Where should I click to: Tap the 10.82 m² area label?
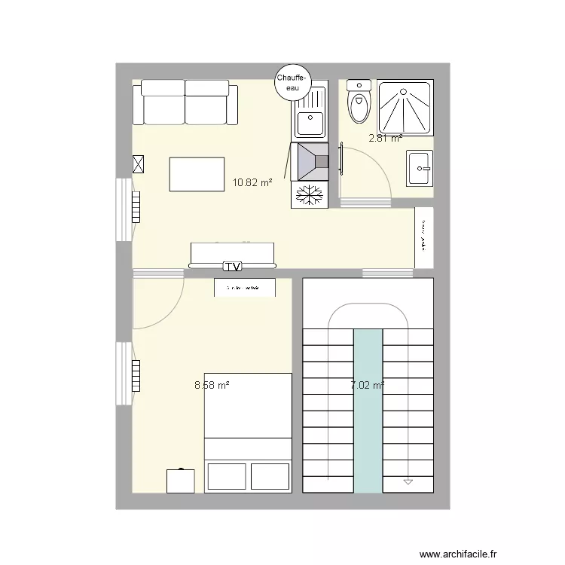click(252, 182)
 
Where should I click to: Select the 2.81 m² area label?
click(385, 138)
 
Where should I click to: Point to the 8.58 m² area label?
click(212, 384)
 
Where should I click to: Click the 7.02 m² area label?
click(368, 386)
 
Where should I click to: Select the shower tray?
click(406, 108)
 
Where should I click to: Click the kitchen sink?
click(310, 121)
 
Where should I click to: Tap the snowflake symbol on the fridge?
click(310, 195)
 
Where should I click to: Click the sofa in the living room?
click(185, 105)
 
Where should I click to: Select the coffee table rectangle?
click(197, 174)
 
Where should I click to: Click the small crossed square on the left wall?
click(138, 164)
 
